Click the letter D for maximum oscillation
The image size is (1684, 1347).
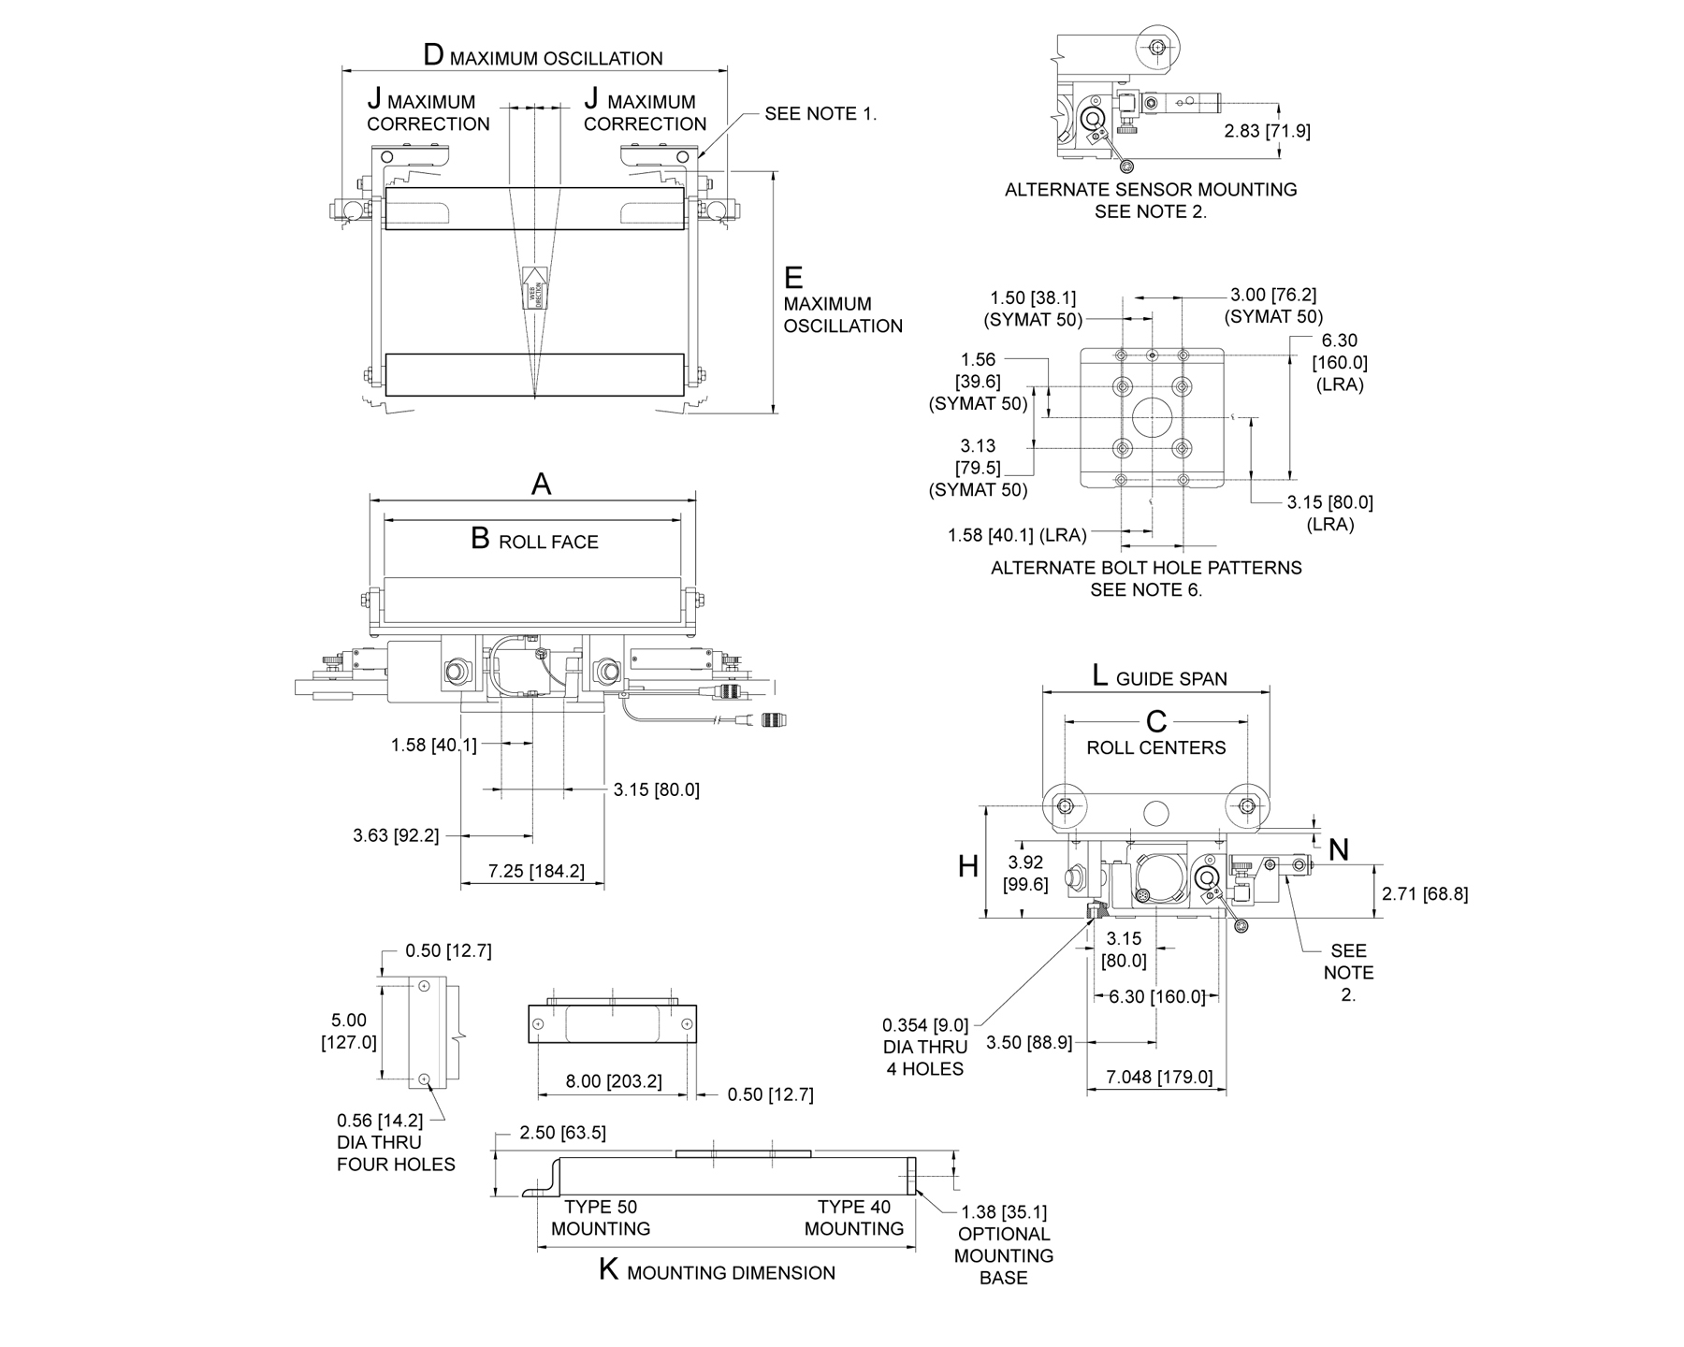point(433,54)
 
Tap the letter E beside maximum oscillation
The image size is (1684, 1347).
point(793,278)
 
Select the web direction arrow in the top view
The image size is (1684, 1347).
point(534,287)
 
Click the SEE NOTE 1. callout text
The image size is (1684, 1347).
point(820,113)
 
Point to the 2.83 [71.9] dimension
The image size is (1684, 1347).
point(1267,131)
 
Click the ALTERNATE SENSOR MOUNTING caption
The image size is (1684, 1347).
point(1151,190)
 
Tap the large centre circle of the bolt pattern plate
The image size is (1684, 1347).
point(1152,417)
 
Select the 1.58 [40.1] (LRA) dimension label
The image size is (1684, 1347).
point(1017,535)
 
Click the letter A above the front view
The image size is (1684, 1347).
point(541,484)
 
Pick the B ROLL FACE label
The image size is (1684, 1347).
point(534,540)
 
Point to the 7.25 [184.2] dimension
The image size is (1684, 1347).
point(536,871)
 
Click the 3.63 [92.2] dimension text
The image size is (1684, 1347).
point(396,835)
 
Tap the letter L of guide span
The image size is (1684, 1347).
point(1100,675)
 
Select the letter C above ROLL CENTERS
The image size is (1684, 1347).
point(1156,721)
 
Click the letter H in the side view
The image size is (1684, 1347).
point(968,867)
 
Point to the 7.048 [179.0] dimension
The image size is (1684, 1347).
point(1159,1077)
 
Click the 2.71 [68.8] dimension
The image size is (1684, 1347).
point(1425,893)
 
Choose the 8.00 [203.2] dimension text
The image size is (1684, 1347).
point(614,1081)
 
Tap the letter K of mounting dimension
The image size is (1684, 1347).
point(609,1270)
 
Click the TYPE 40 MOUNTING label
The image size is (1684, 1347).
point(853,1217)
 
